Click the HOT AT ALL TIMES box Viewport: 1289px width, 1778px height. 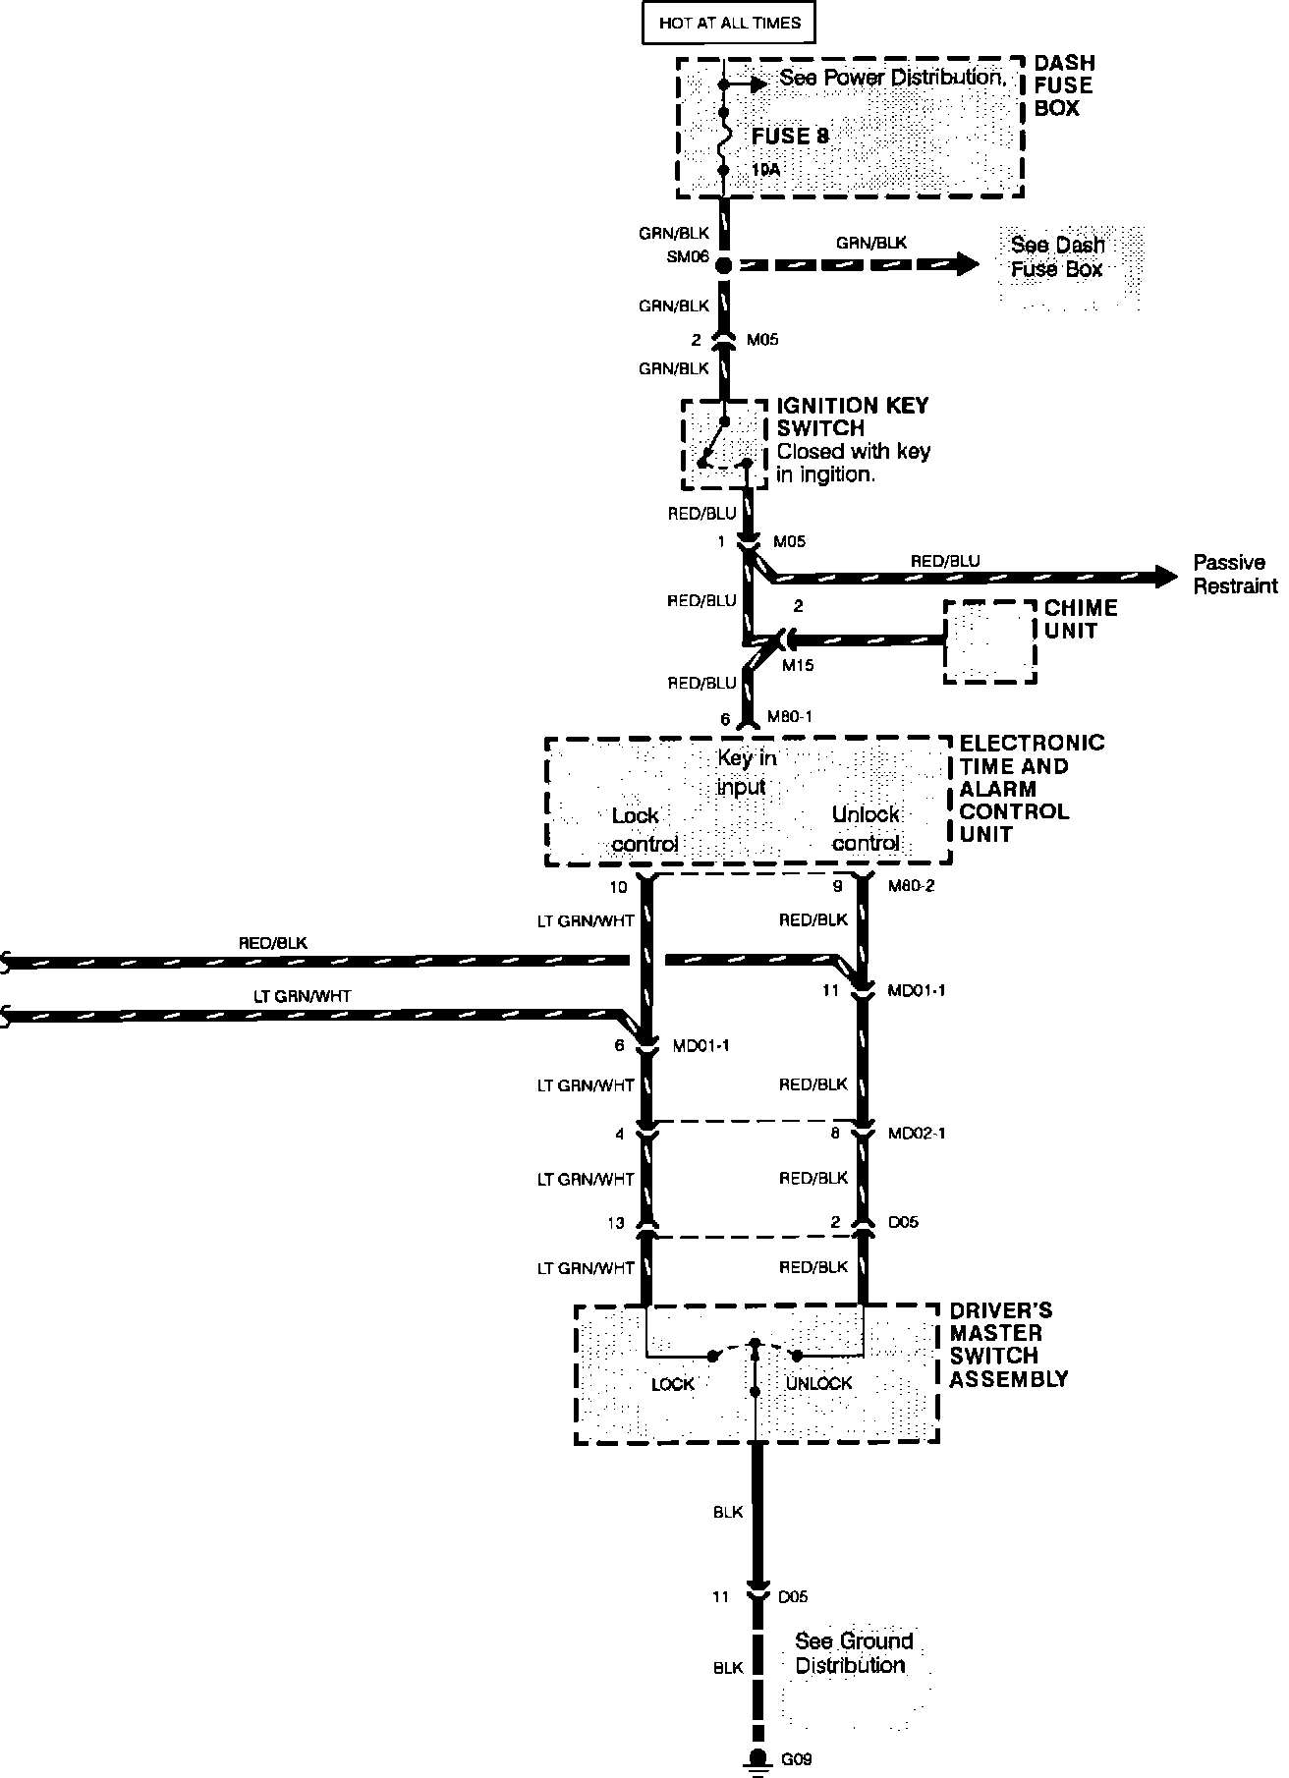pyautogui.click(x=729, y=23)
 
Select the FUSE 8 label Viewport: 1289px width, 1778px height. pyautogui.click(x=790, y=137)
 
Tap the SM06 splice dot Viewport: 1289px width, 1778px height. pyautogui.click(x=724, y=265)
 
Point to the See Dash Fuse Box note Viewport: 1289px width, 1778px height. pyautogui.click(x=1057, y=257)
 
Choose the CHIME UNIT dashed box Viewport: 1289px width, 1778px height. pyautogui.click(x=989, y=642)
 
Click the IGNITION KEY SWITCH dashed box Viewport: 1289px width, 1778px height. pyautogui.click(x=724, y=444)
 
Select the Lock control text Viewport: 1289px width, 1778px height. pyautogui.click(x=644, y=829)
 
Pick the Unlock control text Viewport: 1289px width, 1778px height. pyautogui.click(x=866, y=828)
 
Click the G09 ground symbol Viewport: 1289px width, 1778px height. pyautogui.click(x=757, y=1759)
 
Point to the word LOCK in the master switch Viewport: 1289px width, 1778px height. pyautogui.click(x=673, y=1384)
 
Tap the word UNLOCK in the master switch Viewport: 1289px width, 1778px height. pyautogui.click(x=819, y=1383)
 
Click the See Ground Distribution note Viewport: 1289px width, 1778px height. pyautogui.click(x=854, y=1652)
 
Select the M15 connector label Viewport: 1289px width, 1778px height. pyautogui.click(x=797, y=665)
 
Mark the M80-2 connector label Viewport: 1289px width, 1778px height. pyautogui.click(x=911, y=886)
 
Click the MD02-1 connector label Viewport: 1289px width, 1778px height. pyautogui.click(x=917, y=1133)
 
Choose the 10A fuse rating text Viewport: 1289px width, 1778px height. pyautogui.click(x=765, y=169)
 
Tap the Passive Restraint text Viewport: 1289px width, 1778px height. pyautogui.click(x=1235, y=575)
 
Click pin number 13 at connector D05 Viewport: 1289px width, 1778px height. pyautogui.click(x=615, y=1223)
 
